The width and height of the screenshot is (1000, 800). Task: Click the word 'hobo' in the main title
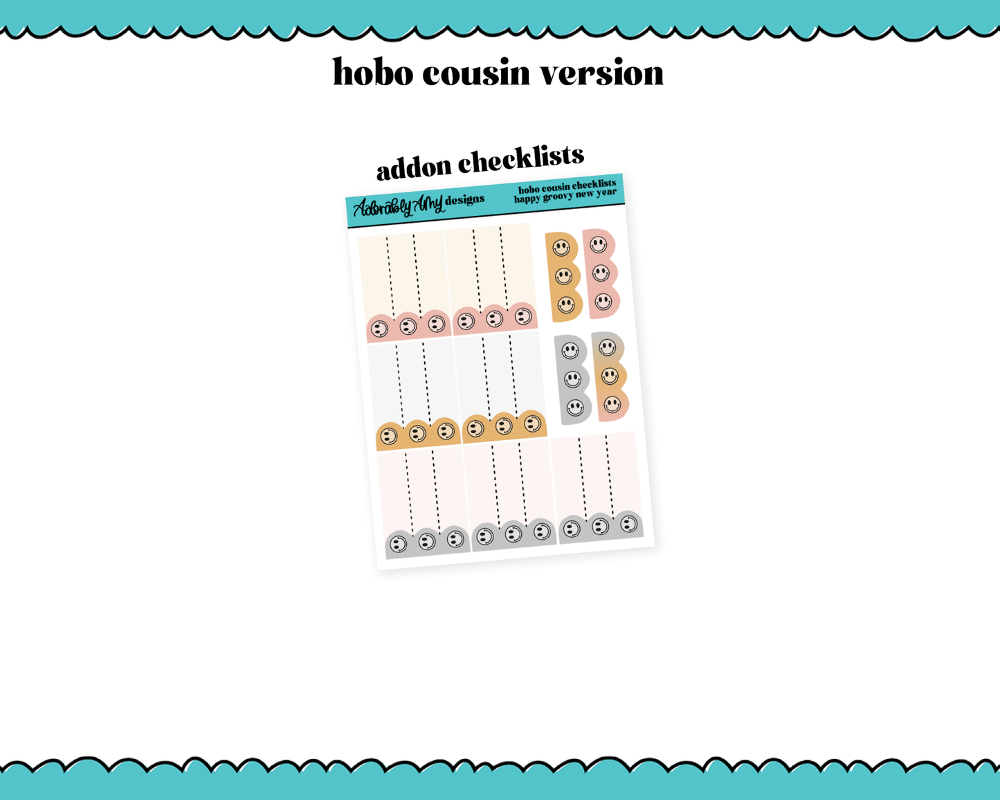373,72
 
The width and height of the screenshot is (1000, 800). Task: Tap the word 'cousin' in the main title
476,73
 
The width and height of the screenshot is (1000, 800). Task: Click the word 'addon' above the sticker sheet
414,167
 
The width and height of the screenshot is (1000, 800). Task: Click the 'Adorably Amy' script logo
398,206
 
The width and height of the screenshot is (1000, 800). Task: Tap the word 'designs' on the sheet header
464,201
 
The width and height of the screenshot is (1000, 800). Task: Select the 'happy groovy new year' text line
565,195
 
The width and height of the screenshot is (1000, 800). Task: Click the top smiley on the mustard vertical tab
561,247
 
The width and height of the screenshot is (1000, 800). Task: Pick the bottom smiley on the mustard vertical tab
566,305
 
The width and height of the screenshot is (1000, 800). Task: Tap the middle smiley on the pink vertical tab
601,273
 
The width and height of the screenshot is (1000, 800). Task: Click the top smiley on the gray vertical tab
570,351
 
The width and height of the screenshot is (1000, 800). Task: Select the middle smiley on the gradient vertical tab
610,376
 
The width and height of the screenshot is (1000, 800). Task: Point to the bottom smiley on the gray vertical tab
575,408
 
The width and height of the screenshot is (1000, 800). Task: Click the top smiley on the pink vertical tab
598,244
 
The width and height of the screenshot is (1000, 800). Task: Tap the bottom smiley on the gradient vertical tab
612,404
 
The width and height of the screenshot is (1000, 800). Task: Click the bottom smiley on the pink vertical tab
603,302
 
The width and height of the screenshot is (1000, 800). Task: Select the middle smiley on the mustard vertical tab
563,277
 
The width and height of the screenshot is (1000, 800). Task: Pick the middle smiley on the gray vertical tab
572,379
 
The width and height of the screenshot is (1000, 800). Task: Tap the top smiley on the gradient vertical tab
608,347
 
